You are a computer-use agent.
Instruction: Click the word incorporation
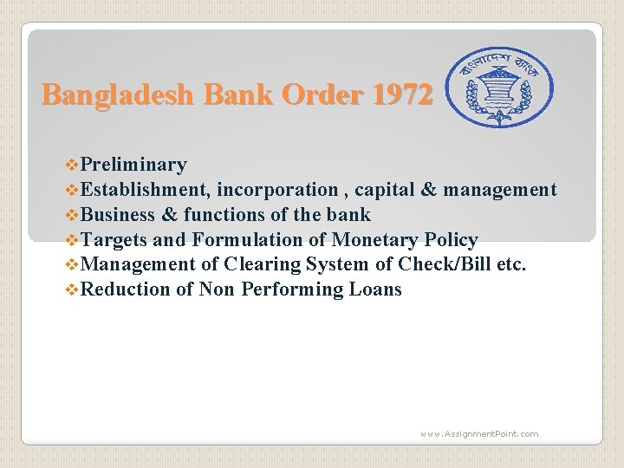click(277, 190)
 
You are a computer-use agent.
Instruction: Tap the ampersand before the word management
click(429, 190)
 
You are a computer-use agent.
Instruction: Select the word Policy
click(452, 240)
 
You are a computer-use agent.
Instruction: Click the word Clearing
click(259, 264)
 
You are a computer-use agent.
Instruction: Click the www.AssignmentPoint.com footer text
click(479, 433)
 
